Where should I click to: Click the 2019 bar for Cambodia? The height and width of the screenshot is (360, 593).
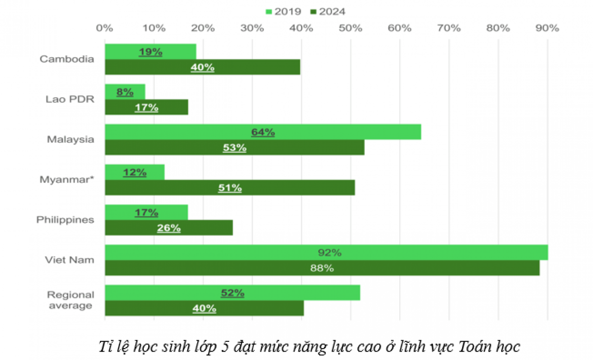(x=150, y=52)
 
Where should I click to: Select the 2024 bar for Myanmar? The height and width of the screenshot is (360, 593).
(x=230, y=188)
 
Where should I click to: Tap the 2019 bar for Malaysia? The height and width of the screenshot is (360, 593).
(x=263, y=132)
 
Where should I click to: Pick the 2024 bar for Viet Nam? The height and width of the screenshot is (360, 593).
(x=322, y=268)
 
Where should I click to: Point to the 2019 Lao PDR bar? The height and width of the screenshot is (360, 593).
(x=125, y=92)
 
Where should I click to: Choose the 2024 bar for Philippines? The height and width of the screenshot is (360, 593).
(x=169, y=228)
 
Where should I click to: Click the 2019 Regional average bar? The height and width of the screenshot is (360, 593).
(x=232, y=293)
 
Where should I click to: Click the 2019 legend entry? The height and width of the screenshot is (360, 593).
(x=285, y=11)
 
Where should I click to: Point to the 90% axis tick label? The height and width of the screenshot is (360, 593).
(x=548, y=28)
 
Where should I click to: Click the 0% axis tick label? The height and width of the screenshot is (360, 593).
(x=105, y=28)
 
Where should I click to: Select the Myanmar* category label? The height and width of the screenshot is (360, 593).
(x=67, y=180)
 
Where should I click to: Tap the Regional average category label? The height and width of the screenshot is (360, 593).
(x=70, y=300)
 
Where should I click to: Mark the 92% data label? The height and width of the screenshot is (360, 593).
(x=330, y=253)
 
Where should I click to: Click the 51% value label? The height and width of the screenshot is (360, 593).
(x=230, y=188)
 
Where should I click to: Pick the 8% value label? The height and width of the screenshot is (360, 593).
(x=125, y=92)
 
